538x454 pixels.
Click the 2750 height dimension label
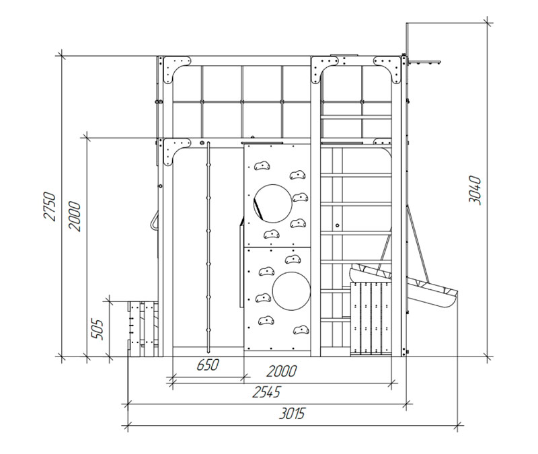coord(49,206)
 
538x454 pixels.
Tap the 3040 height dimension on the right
coord(475,190)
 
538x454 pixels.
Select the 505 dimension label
coord(98,329)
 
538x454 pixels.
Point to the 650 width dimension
coord(208,365)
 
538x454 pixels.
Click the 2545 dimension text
coord(266,392)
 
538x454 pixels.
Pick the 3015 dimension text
coord(292,414)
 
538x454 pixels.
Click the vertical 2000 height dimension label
coord(75,216)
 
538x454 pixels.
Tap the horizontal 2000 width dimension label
coord(282,371)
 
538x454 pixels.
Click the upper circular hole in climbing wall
coord(273,204)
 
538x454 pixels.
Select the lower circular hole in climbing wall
coord(291,291)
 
